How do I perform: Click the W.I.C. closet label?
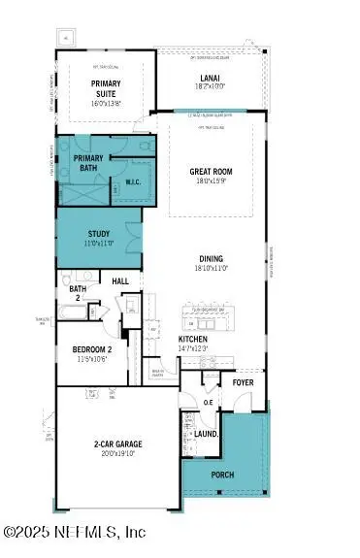tap(134, 181)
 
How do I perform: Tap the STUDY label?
tap(99, 233)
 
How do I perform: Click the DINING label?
tap(212, 259)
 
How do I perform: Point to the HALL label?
tap(120, 281)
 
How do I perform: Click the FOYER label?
tap(243, 382)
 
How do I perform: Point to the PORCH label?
tap(223, 475)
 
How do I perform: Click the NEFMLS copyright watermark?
tap(75, 531)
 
